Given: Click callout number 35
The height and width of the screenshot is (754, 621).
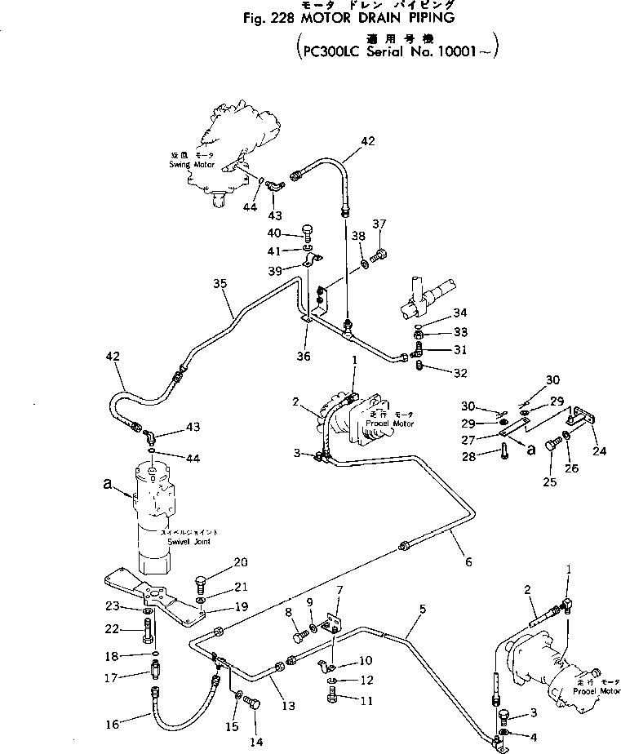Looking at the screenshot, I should (x=219, y=284).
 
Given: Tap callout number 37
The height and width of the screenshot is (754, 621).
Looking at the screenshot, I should (x=379, y=224).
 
